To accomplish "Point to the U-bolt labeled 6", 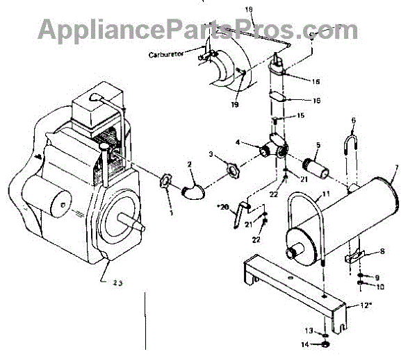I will click(352, 145).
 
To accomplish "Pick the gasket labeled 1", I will click(167, 181).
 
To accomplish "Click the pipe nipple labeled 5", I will click(318, 169).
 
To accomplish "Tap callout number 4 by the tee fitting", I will click(238, 144).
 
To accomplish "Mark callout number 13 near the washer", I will click(307, 329).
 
